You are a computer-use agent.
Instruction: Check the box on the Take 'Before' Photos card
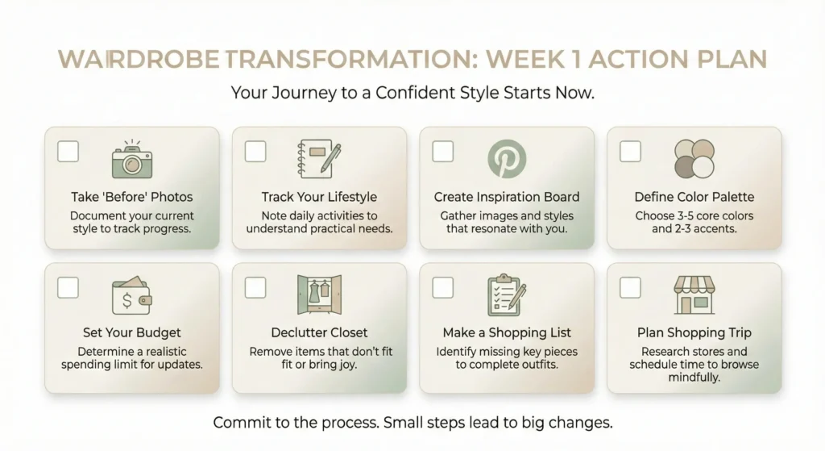[x=68, y=151]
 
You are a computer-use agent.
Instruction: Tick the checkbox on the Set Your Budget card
[x=68, y=287]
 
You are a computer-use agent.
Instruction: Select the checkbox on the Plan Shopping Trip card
[x=630, y=287]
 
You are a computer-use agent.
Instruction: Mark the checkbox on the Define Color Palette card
[x=630, y=151]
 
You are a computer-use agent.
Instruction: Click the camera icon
[x=131, y=159]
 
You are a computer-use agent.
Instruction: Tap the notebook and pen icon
[x=319, y=159]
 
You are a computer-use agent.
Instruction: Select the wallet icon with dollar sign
[x=131, y=296]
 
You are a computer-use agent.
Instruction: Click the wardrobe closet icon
[x=319, y=296]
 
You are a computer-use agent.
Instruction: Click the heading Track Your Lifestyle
[x=319, y=197]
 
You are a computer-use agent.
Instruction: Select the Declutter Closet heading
[x=319, y=332]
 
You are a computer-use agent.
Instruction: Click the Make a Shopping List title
[x=507, y=332]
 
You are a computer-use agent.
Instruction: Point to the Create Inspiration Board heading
[x=507, y=197]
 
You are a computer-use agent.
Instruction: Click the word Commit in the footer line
[x=239, y=422]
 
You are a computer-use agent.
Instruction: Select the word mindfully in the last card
[x=694, y=377]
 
